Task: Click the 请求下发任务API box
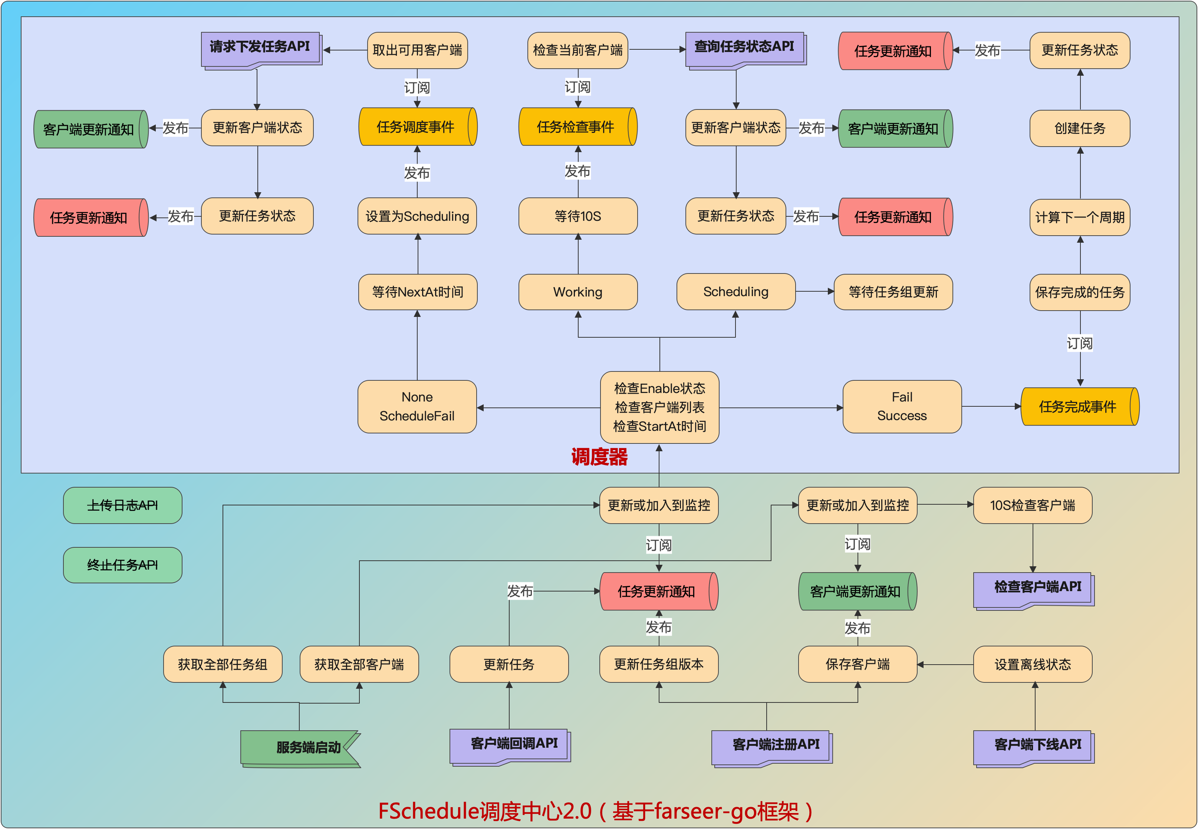click(x=261, y=48)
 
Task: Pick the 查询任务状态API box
click(x=745, y=48)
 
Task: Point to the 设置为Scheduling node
click(x=417, y=216)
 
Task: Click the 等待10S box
click(x=578, y=216)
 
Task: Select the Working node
click(x=578, y=292)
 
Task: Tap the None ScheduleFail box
click(x=417, y=406)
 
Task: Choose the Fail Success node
click(x=902, y=406)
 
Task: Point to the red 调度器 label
click(x=599, y=457)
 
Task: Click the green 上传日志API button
click(x=122, y=505)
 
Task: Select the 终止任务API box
click(x=122, y=565)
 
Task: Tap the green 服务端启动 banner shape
click(x=300, y=748)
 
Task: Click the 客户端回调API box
click(x=510, y=745)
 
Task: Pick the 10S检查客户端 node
click(x=1033, y=505)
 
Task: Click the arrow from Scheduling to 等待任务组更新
click(x=814, y=292)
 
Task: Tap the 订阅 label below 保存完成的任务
click(x=1080, y=343)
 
